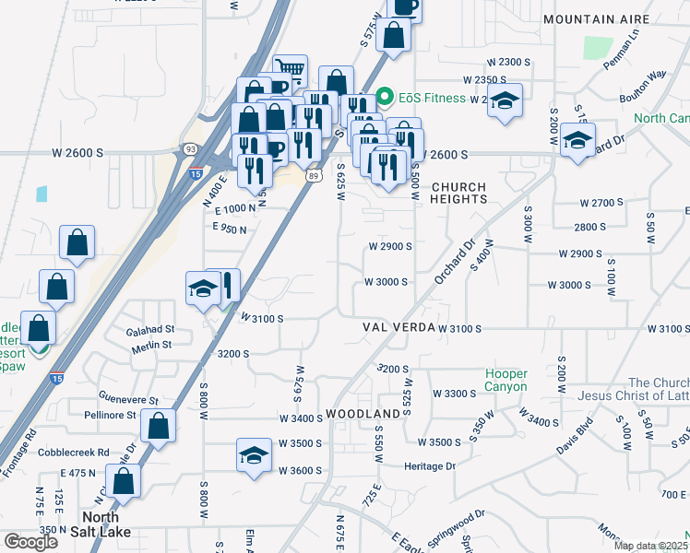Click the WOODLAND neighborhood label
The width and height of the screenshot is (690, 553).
363,414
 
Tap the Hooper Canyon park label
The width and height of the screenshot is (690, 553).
506,381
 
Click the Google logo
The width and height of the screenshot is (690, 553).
30,542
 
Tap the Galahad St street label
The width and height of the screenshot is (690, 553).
152,328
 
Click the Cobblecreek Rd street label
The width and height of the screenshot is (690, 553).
74,453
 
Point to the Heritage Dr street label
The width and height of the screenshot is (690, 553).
431,466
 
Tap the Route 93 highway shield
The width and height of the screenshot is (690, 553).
190,147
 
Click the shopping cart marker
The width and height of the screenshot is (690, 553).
291,70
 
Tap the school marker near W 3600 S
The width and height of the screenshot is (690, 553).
254,454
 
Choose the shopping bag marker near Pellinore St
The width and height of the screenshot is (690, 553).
159,426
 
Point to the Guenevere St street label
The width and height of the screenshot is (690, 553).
127,401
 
